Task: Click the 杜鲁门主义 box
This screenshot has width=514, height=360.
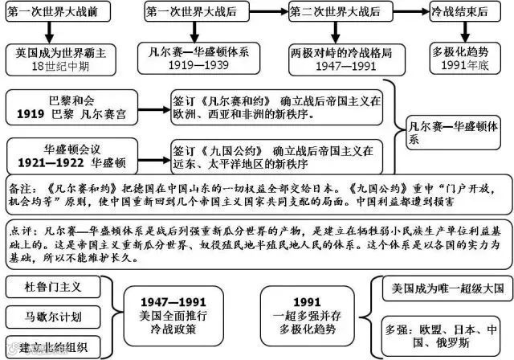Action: [51, 286]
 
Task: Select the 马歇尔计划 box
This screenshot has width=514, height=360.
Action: [51, 317]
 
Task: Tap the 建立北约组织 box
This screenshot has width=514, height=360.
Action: [51, 346]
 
